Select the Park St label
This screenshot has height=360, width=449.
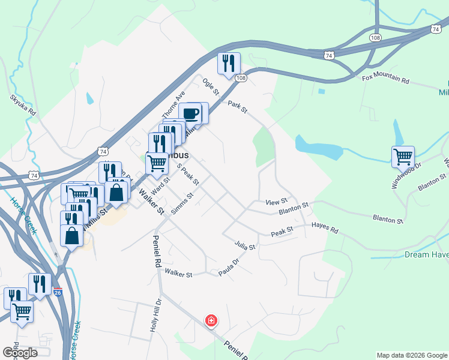[x=237, y=107]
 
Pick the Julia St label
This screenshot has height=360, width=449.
[x=246, y=245]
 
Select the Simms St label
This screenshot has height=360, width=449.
[x=182, y=204]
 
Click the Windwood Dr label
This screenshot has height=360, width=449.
[x=406, y=175]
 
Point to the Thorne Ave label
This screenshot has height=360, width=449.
[x=172, y=106]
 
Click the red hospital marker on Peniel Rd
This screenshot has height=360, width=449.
[x=211, y=320]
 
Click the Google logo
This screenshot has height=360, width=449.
[x=20, y=352]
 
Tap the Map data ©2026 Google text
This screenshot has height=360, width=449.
[x=411, y=355]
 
